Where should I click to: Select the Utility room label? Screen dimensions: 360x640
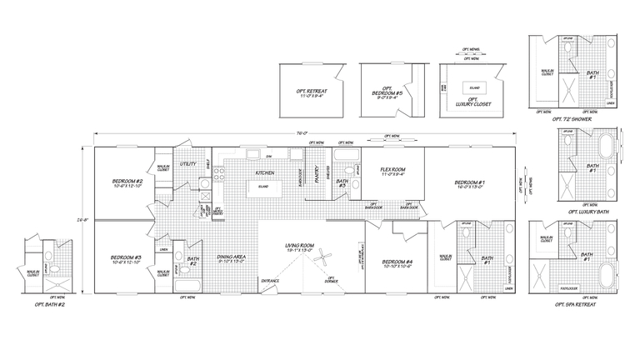187,165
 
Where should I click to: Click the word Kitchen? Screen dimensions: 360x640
266,173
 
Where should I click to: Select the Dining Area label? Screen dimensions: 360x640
230,259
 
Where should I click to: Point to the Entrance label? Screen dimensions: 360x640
271,281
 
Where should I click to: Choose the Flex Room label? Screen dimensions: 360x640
392,172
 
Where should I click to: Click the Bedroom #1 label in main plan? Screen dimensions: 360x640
470,184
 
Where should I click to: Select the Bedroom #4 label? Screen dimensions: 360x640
397,264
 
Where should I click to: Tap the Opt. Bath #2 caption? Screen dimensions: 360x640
45,304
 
